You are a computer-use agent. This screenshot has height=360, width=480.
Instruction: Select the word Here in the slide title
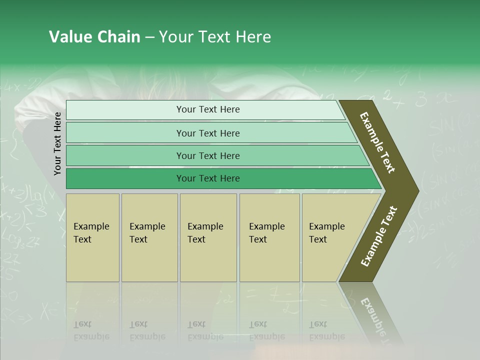tap(253, 37)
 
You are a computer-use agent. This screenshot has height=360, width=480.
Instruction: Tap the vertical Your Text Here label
tap(57, 144)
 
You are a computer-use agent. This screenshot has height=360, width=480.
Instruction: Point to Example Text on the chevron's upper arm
tap(377, 142)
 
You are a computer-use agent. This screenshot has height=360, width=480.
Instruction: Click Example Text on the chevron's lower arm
tap(379, 236)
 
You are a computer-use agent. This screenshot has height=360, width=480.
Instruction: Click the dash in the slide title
tap(149, 37)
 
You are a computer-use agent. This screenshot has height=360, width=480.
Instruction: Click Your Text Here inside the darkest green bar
tap(208, 178)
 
